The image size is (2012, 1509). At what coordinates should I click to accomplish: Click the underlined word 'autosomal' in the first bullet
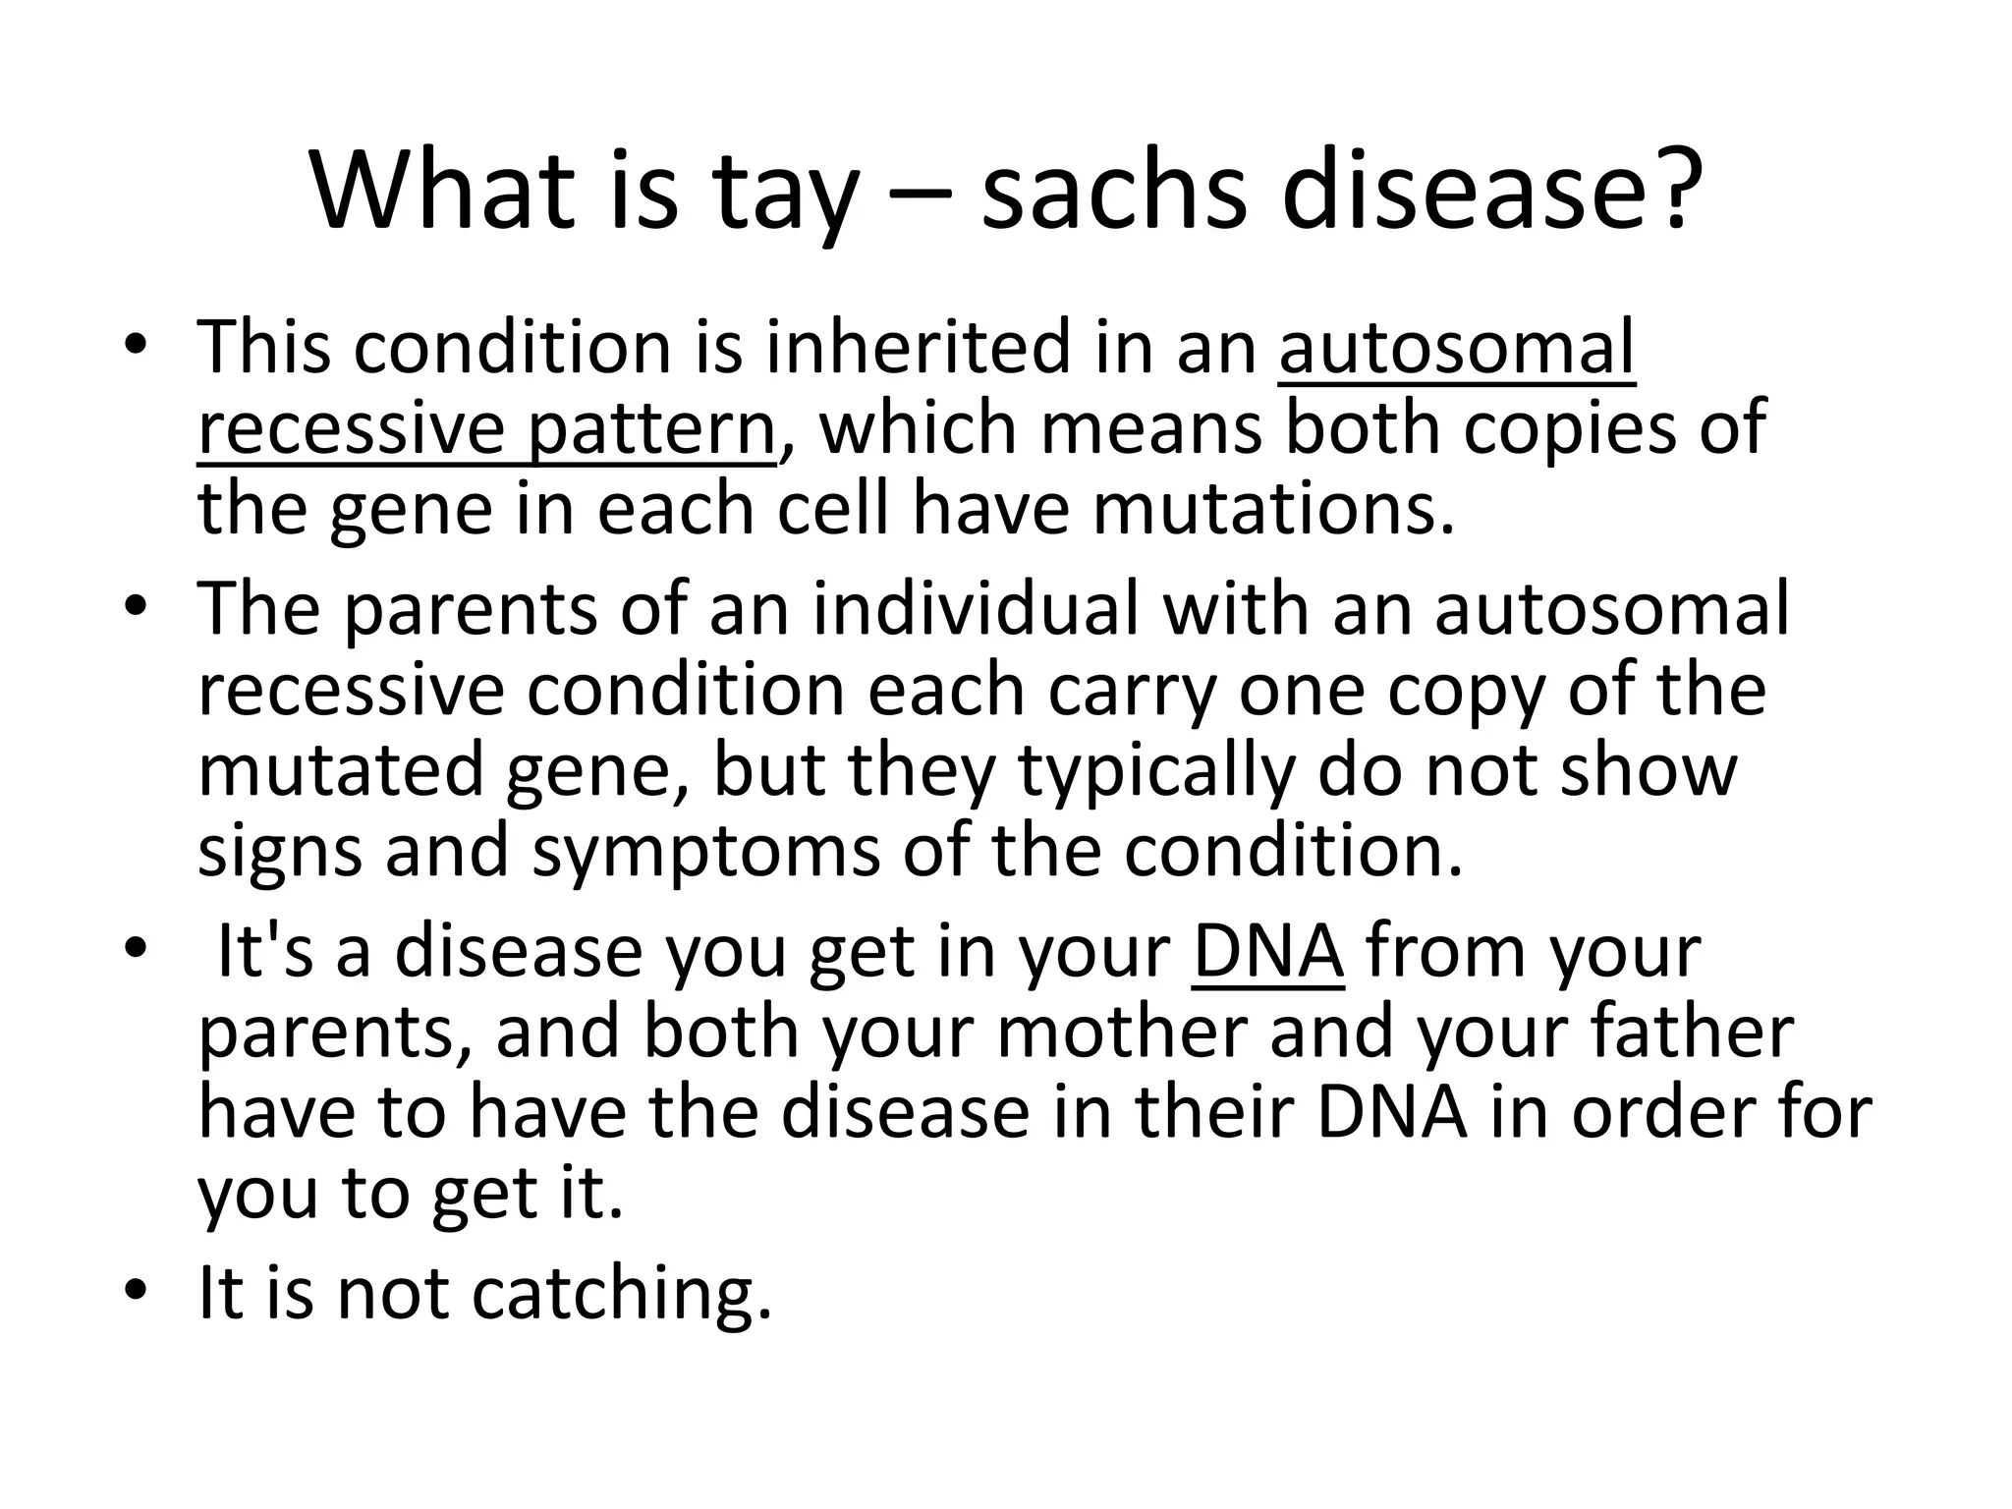[x=1457, y=348]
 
